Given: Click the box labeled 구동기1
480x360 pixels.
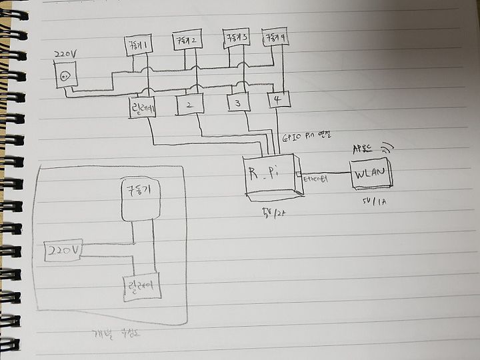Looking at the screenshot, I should (x=138, y=46).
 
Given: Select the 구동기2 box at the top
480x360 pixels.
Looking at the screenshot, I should (x=187, y=41).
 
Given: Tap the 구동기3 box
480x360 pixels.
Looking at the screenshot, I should (x=236, y=38).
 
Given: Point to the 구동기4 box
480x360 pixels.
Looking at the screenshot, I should (x=275, y=37).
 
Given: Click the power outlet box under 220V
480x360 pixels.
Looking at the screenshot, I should (x=65, y=75).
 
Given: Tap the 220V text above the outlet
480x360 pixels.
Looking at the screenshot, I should (x=65, y=53).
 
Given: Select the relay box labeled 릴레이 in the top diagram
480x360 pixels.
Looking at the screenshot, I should (x=142, y=107).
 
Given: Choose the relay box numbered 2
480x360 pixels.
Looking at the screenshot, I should (x=189, y=105).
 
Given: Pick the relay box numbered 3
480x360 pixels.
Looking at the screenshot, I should (x=237, y=102).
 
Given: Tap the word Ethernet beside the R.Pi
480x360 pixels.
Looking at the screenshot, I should (x=315, y=179).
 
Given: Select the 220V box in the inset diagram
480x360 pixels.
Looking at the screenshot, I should (x=63, y=251).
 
